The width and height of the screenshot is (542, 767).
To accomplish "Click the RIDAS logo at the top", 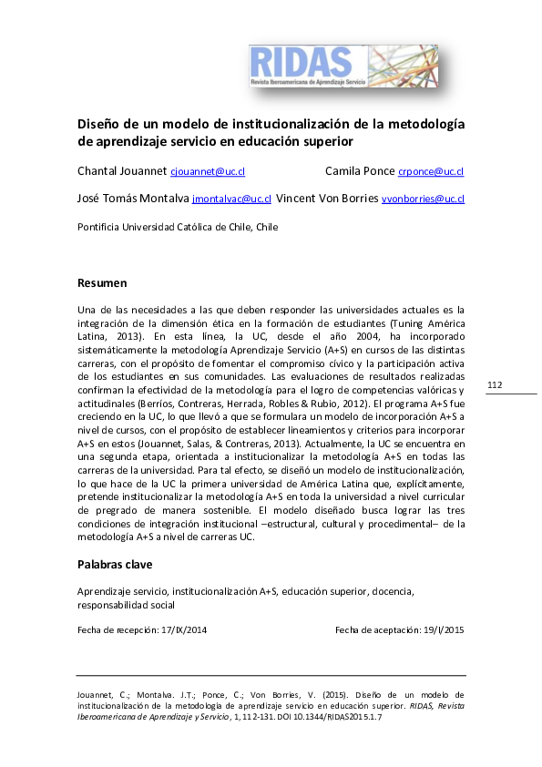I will click(343, 66).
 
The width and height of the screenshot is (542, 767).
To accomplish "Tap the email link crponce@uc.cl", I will click(431, 171).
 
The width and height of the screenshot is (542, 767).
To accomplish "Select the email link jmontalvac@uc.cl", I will click(231, 199).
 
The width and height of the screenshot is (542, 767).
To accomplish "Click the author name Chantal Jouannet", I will click(122, 171).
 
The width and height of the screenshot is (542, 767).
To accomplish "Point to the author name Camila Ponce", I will click(359, 171).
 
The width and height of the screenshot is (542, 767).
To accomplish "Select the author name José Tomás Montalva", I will click(133, 199).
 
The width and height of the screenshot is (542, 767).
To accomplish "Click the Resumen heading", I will click(102, 283).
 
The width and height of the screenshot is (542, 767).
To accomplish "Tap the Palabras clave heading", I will click(114, 565).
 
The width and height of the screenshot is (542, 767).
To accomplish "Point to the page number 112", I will click(495, 386).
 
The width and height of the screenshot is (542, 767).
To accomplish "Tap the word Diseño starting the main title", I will click(98, 124).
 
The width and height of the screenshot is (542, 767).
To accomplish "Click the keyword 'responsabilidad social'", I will click(126, 605).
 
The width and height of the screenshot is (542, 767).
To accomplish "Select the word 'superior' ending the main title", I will click(324, 142).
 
